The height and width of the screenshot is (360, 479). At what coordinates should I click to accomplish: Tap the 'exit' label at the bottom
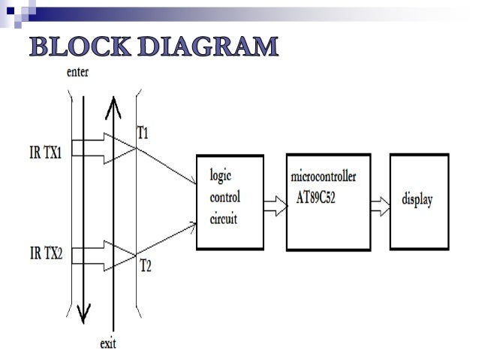tap(110, 344)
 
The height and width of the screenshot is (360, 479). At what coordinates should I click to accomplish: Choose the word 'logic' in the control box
tap(220, 174)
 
